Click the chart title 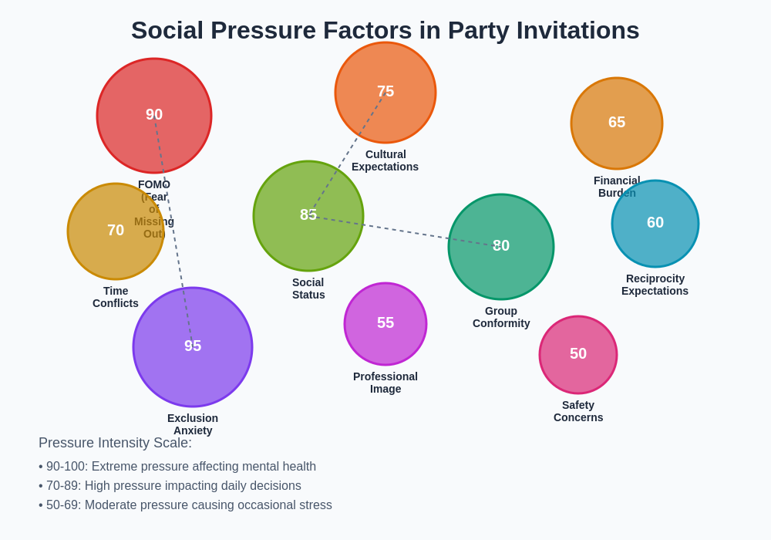point(385,30)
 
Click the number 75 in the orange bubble point(385,91)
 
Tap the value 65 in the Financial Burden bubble point(617,122)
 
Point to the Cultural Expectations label point(385,160)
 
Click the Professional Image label point(385,383)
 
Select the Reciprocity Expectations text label point(655,285)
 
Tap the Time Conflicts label point(116,297)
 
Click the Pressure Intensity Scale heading point(115,443)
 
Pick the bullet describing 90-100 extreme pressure point(177,467)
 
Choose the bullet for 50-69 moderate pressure point(185,505)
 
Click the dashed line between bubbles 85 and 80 point(401,231)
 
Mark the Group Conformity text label point(501,317)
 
